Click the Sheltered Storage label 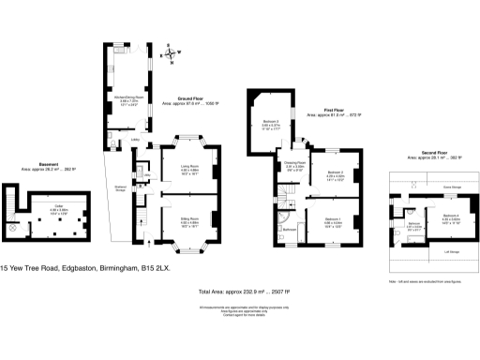121,187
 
